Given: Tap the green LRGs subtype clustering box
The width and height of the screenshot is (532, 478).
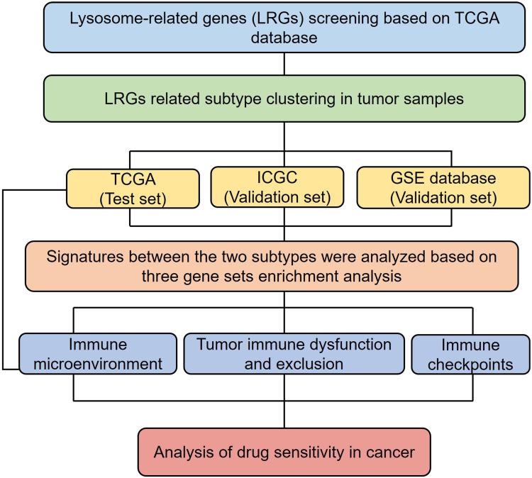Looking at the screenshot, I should (x=284, y=99).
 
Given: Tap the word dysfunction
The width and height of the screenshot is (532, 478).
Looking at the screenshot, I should (x=353, y=345).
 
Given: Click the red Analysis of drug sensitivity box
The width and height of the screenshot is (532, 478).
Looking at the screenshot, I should (x=284, y=450).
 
